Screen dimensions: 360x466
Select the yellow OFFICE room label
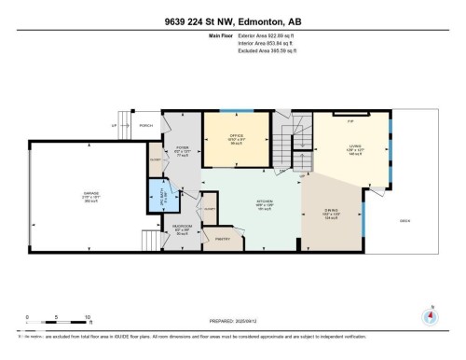(236, 137)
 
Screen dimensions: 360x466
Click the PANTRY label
(223, 240)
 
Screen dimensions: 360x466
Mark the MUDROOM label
(183, 227)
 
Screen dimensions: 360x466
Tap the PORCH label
(144, 127)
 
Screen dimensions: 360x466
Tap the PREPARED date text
(233, 322)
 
